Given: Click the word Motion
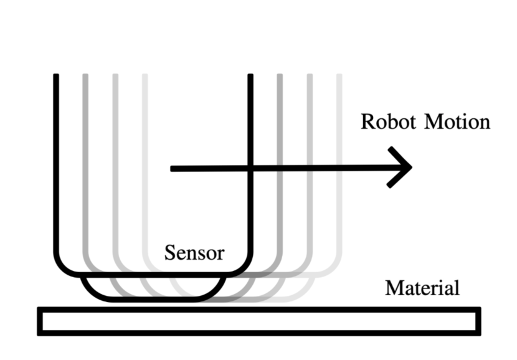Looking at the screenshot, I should [x=457, y=121].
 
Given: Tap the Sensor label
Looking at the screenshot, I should [x=194, y=253].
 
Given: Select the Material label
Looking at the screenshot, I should [x=422, y=288].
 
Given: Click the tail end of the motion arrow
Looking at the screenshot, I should [x=173, y=168].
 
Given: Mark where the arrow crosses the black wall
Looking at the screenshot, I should [x=250, y=168].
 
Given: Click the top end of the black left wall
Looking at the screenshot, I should [x=56, y=77].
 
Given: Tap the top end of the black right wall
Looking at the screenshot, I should [x=250, y=77].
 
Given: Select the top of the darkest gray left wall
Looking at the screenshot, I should [x=85, y=77].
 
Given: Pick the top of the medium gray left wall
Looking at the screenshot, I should [x=115, y=77].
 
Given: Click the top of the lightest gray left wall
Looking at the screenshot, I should [x=145, y=77].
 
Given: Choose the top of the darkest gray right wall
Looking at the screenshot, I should [x=280, y=77].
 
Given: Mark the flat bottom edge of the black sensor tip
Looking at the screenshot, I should [x=153, y=300].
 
